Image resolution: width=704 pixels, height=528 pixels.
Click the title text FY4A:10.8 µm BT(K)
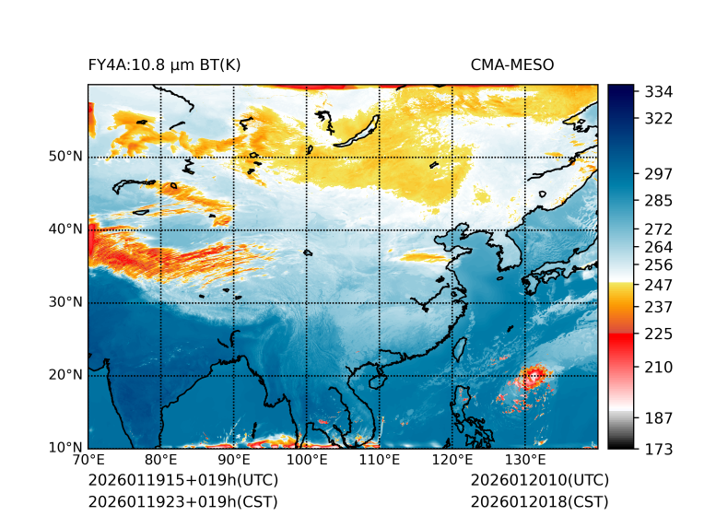(x=164, y=65)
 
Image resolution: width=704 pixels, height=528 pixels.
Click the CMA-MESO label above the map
(x=511, y=65)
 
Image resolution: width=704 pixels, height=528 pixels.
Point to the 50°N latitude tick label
(x=65, y=157)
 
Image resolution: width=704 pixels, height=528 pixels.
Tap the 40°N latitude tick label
(x=65, y=229)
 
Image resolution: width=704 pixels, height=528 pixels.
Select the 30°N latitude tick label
(x=65, y=302)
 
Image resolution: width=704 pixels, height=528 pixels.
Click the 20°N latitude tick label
(x=65, y=375)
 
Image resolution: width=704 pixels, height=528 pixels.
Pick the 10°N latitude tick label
(x=65, y=448)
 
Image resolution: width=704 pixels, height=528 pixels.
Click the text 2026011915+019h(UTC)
(x=182, y=481)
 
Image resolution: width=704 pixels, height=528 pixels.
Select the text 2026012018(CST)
(x=539, y=501)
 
